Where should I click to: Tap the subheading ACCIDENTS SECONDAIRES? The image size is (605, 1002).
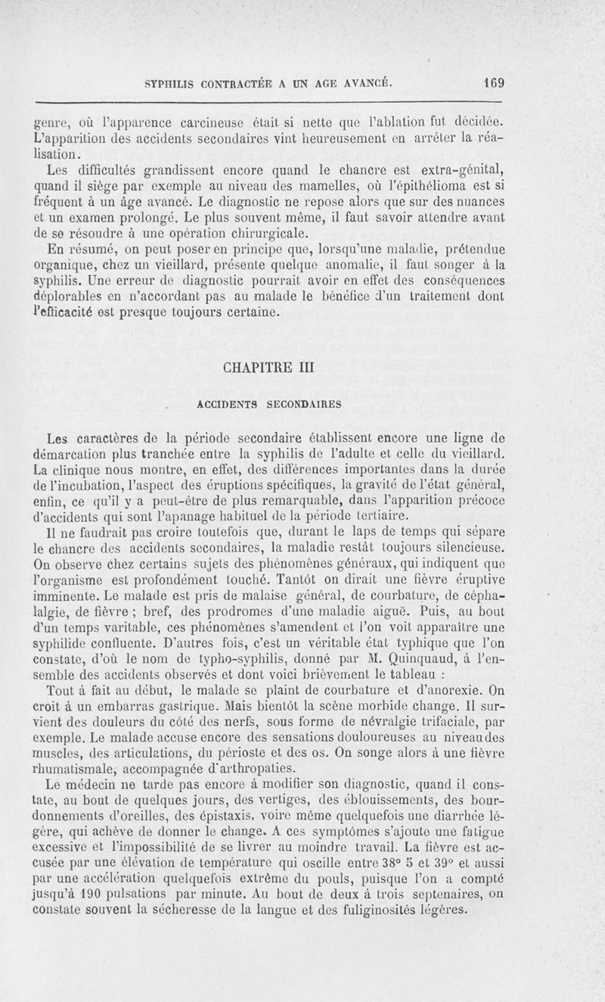(x=268, y=404)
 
